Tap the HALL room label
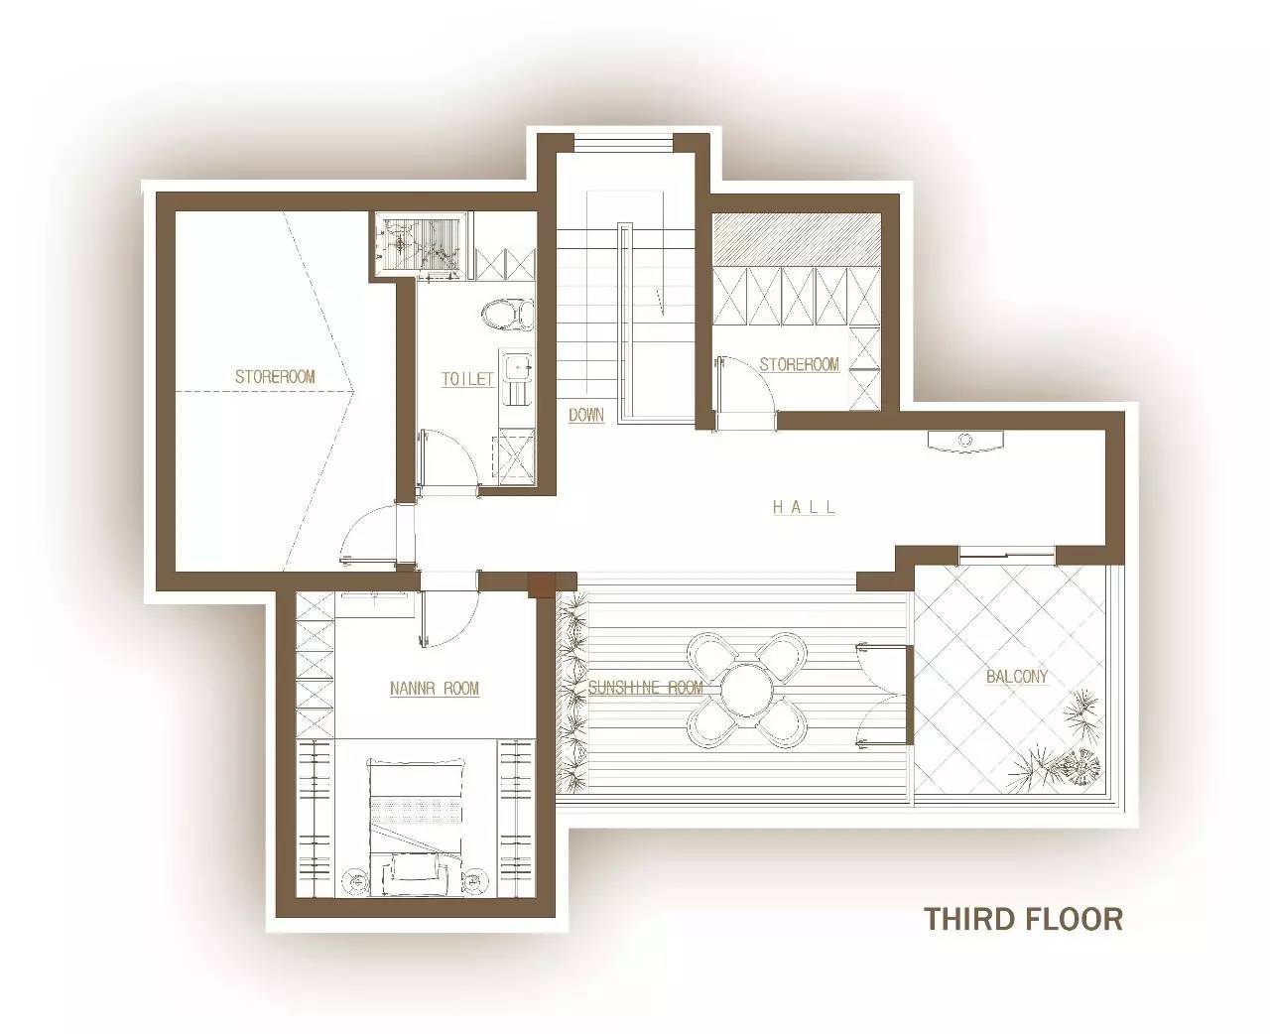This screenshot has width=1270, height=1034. (804, 507)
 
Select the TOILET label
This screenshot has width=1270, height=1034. (467, 379)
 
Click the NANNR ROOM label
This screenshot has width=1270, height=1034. (435, 689)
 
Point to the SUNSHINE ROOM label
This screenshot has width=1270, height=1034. (646, 688)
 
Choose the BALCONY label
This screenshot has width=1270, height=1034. (1017, 676)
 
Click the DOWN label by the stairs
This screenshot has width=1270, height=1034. (586, 415)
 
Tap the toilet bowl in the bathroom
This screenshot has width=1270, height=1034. (507, 315)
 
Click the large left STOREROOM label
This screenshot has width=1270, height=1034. (275, 376)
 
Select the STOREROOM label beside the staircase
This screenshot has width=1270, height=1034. (799, 364)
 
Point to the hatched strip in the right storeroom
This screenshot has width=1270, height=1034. (797, 239)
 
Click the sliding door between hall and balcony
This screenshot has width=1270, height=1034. (1007, 556)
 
